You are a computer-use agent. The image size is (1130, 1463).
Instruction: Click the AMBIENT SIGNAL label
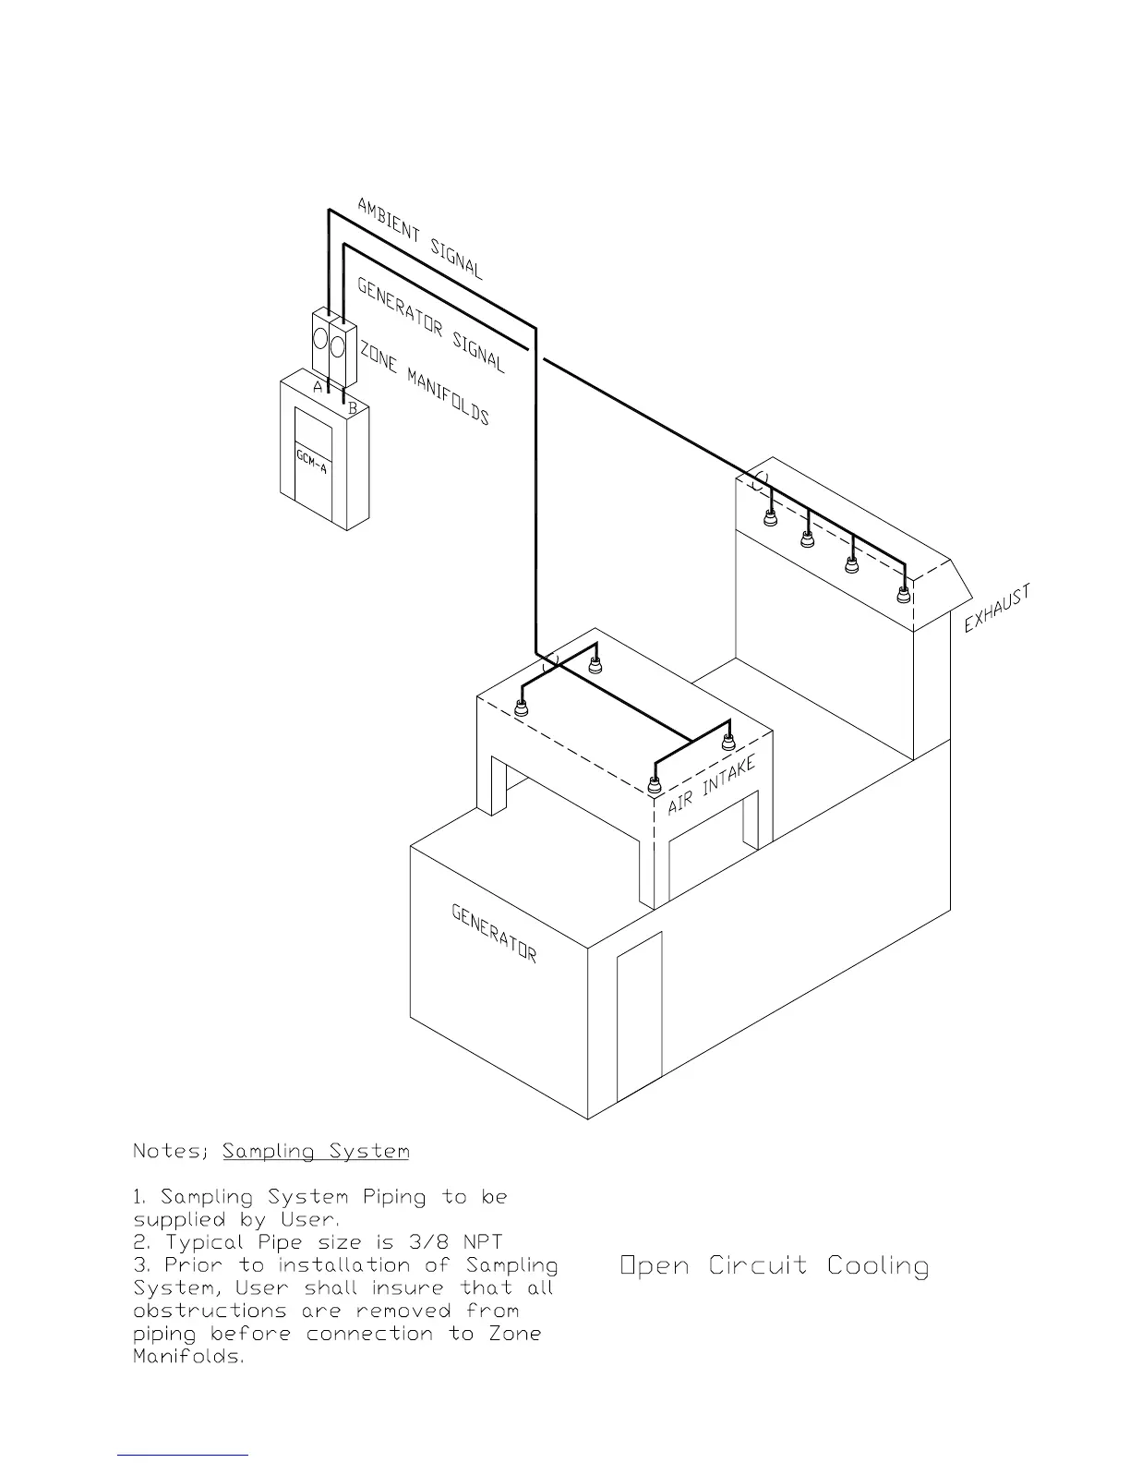[420, 238]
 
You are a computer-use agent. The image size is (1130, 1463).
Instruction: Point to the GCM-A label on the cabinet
[311, 461]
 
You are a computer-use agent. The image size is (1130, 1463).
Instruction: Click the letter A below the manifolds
[318, 388]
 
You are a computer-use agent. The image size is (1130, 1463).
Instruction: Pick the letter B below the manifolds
[352, 406]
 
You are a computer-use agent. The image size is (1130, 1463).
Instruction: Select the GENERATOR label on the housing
[494, 932]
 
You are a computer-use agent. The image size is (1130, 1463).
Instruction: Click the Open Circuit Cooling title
[775, 1265]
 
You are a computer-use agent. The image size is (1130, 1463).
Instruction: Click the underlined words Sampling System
[316, 1152]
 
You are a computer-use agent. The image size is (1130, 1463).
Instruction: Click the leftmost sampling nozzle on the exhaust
[771, 518]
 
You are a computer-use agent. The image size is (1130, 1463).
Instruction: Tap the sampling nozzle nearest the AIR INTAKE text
[654, 788]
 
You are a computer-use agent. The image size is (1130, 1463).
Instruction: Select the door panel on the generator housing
[640, 1016]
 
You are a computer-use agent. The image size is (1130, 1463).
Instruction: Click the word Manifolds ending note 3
[188, 1357]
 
